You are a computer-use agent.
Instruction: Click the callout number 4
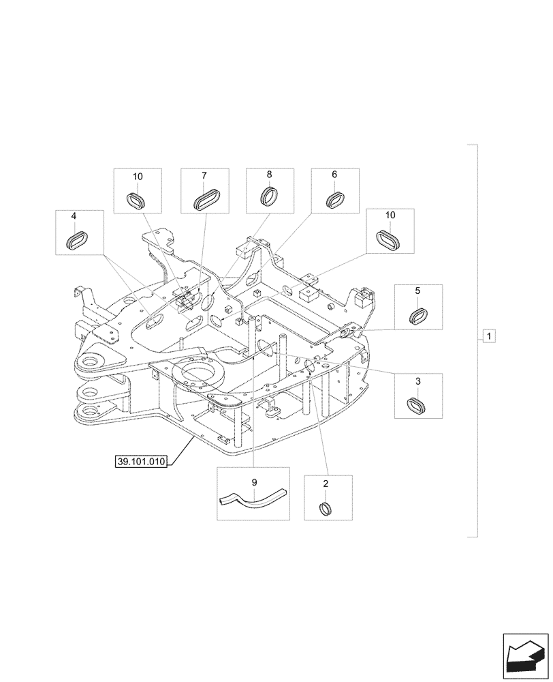click(74, 216)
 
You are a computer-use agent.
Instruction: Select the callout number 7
click(204, 175)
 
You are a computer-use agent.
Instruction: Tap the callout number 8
click(269, 175)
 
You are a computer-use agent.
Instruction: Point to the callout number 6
click(334, 175)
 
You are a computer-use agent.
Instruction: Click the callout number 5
click(417, 291)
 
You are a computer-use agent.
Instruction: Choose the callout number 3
click(417, 380)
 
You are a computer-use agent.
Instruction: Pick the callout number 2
click(326, 484)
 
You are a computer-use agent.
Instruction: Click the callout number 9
click(254, 483)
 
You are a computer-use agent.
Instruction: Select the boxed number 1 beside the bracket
click(490, 336)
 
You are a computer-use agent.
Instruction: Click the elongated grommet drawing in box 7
click(204, 201)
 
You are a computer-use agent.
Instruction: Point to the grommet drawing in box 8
click(270, 197)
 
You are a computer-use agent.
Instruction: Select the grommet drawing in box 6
click(334, 201)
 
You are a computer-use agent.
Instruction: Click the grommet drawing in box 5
click(418, 316)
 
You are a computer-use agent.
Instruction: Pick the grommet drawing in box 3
click(417, 404)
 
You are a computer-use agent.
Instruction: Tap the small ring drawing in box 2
click(326, 509)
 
